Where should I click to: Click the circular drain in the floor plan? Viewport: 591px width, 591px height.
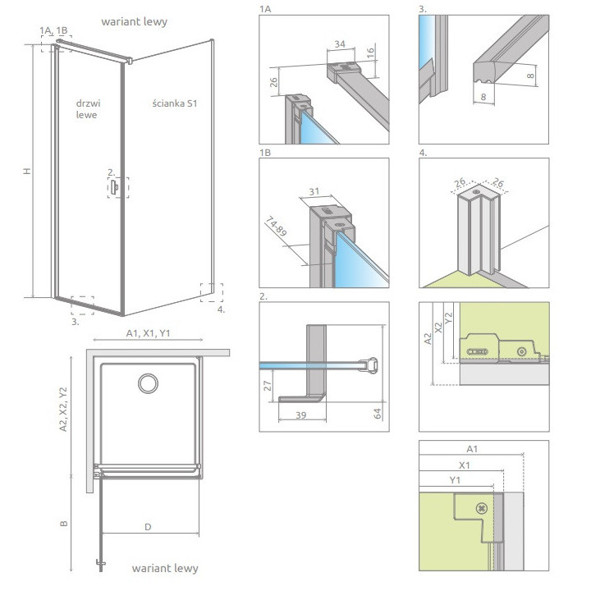(x=148, y=383)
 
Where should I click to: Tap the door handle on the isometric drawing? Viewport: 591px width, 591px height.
(x=114, y=187)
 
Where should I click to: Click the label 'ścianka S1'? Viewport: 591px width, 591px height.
(x=175, y=103)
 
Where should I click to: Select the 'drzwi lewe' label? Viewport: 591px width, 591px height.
(x=88, y=109)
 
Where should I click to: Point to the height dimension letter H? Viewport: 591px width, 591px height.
(x=27, y=171)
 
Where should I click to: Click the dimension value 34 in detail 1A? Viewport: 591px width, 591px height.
(x=340, y=44)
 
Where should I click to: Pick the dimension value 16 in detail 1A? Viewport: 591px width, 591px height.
(x=371, y=52)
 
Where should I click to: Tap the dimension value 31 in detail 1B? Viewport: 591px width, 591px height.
(x=314, y=192)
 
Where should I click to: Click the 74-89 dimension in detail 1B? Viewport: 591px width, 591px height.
(x=277, y=227)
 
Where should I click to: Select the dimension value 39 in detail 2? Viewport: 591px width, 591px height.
(x=300, y=415)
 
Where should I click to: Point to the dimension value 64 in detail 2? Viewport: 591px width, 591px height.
(x=378, y=414)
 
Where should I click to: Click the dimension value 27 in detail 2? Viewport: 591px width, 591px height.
(x=268, y=386)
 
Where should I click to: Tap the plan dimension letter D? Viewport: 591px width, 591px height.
(x=148, y=527)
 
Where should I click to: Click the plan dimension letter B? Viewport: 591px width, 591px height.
(x=64, y=524)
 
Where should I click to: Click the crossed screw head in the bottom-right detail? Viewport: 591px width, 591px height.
(x=482, y=508)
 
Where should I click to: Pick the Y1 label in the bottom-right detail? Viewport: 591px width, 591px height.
(x=455, y=480)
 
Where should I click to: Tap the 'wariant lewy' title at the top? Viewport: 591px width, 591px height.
(x=134, y=22)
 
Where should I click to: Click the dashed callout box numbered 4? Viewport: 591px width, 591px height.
(x=212, y=293)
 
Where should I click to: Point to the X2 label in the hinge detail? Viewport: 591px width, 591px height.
(x=438, y=328)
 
